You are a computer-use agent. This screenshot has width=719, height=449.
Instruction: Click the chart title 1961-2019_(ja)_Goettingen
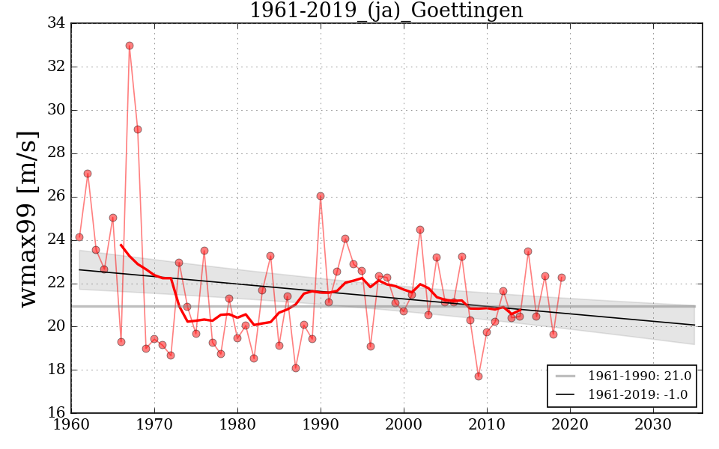pos(386,11)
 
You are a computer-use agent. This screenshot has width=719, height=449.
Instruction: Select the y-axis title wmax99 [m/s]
pos(28,217)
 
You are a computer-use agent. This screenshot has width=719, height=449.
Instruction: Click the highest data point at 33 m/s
pos(130,46)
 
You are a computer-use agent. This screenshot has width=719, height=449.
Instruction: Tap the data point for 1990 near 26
pos(321,196)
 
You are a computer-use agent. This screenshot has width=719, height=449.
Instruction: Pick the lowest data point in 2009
pos(479,376)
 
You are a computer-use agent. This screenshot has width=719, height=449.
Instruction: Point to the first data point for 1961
pos(79,237)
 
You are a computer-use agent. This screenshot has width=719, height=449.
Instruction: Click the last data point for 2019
pos(562,278)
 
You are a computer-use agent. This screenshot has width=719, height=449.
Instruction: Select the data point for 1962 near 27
pos(88,174)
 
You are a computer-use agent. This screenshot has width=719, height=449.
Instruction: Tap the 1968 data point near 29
pos(138,129)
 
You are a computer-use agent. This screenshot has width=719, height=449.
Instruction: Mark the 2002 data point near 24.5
pos(420,230)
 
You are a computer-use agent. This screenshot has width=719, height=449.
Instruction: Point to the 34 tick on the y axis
pos(55,23)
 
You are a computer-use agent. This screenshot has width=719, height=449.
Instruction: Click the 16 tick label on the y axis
pos(55,413)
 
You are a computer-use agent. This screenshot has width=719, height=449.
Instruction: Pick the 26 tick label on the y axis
pos(55,197)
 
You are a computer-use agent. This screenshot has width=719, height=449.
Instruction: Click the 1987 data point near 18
pos(296,368)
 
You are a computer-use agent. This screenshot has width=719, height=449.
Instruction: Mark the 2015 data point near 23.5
pos(528,251)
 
